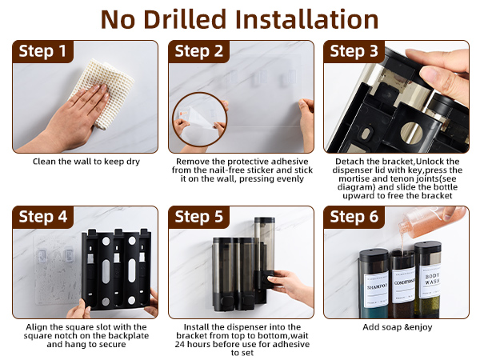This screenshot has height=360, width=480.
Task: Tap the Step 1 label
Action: [42, 51]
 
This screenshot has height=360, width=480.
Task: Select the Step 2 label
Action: [199, 51]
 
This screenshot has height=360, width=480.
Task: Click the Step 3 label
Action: [354, 51]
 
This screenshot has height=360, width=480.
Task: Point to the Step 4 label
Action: [43, 217]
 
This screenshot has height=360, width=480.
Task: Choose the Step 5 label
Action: [199, 217]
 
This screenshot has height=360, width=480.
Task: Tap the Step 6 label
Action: [354, 217]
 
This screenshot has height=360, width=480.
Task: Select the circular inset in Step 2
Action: [199, 119]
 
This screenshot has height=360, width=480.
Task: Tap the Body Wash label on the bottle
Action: [432, 279]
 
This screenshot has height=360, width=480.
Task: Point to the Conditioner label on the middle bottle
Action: [404, 283]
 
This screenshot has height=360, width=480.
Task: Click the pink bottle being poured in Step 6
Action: [432, 221]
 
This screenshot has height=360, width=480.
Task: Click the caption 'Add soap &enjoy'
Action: [398, 327]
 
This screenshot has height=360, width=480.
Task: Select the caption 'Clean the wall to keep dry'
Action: [86, 162]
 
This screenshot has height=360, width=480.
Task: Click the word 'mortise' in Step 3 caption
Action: [353, 178]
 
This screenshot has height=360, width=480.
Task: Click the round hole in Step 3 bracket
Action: [411, 133]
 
